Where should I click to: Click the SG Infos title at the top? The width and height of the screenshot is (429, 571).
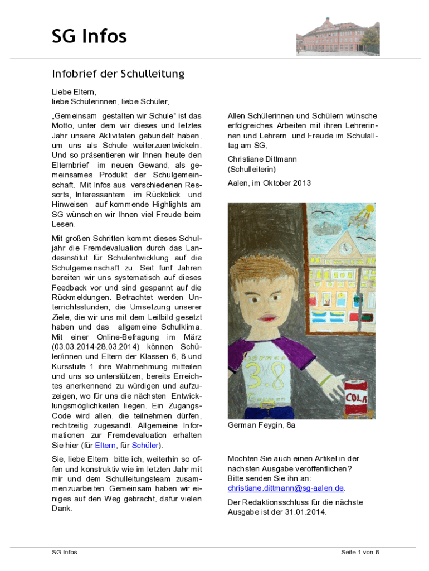[x=89, y=37]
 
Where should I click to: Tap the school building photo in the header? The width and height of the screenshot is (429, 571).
[x=338, y=36]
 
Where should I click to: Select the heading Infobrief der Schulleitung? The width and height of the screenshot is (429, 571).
[x=118, y=74]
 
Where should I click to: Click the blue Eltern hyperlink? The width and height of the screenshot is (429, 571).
[x=105, y=446]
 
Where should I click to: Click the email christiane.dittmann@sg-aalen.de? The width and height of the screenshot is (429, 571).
[x=286, y=488]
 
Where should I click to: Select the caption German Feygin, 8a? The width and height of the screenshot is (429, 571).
[x=261, y=425]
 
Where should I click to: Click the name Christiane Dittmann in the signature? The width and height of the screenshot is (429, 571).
[x=262, y=159]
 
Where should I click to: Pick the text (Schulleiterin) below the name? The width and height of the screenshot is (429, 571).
[x=252, y=169]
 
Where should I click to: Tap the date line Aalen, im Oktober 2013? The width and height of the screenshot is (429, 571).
[x=269, y=183]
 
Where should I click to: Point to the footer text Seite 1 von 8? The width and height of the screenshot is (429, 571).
[x=360, y=552]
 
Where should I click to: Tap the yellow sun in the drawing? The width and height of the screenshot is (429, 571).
[x=368, y=211]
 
